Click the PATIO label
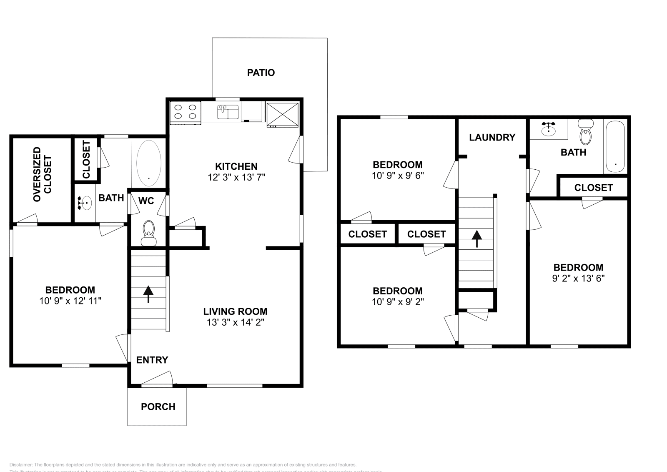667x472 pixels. (x=261, y=73)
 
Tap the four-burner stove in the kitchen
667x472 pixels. (x=186, y=112)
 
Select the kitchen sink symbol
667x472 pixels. (x=228, y=112)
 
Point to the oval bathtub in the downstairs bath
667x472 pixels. (x=149, y=163)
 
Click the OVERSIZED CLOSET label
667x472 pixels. (x=43, y=174)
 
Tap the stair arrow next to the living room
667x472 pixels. (x=148, y=294)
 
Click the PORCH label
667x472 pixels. (x=158, y=407)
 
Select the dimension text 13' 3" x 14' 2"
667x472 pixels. (x=236, y=322)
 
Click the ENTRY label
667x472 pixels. (x=152, y=360)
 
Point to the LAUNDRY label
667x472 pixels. (x=492, y=137)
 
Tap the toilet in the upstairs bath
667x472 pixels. (x=586, y=133)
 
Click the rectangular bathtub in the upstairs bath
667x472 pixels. (x=615, y=147)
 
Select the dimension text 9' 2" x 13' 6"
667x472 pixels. (x=578, y=278)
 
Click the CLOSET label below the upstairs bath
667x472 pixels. (x=593, y=188)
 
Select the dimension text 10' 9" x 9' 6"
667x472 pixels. (x=397, y=176)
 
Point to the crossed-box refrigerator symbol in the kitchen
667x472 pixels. (x=282, y=114)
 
